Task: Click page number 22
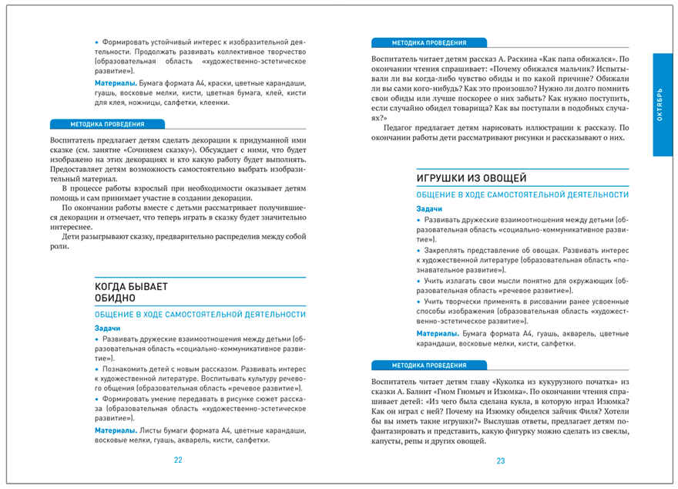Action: tap(178, 460)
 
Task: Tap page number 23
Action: tap(500, 460)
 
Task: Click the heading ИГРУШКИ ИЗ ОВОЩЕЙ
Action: tap(471, 179)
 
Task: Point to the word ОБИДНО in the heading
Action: tap(115, 298)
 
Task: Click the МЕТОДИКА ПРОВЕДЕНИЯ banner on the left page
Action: tap(107, 124)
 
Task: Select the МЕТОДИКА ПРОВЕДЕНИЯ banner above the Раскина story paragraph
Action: tap(428, 43)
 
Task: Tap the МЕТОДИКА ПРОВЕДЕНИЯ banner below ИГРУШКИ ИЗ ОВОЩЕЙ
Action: tap(428, 365)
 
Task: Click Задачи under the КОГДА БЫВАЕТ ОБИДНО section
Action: tap(107, 328)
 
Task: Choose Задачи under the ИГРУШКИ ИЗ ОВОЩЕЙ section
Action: tap(429, 209)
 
